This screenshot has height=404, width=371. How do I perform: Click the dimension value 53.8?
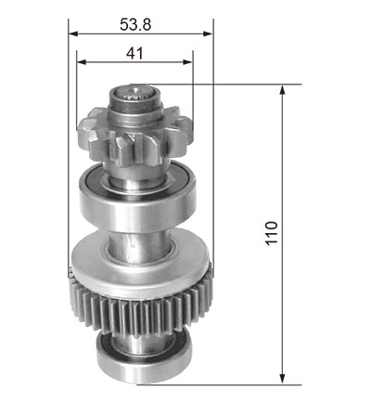(x=135, y=24)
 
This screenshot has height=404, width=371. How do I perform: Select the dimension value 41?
(x=134, y=53)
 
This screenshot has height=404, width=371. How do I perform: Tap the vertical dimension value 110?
(x=272, y=233)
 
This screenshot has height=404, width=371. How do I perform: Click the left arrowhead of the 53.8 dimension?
(x=73, y=33)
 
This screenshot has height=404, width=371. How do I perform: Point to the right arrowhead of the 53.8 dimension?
(x=209, y=33)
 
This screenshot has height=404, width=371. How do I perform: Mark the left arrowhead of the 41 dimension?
(x=82, y=62)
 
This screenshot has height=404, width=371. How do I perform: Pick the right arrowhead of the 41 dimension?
(x=187, y=62)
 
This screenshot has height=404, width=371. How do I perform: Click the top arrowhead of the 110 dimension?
(x=282, y=90)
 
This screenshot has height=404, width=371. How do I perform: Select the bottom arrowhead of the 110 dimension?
(x=282, y=379)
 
